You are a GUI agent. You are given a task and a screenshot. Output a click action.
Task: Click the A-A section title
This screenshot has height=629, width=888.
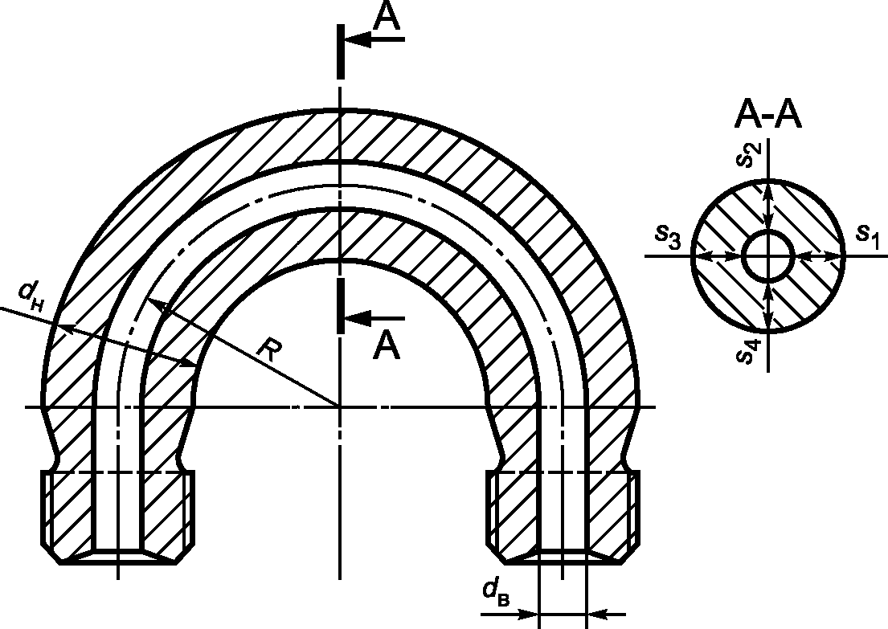pos(768,116)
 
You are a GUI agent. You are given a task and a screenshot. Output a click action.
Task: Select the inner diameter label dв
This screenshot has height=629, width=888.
pos(496,592)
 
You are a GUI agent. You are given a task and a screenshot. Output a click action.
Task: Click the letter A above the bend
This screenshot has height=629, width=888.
pos(387,15)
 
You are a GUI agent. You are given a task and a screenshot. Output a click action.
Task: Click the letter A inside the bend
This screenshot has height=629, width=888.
pos(387,345)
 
